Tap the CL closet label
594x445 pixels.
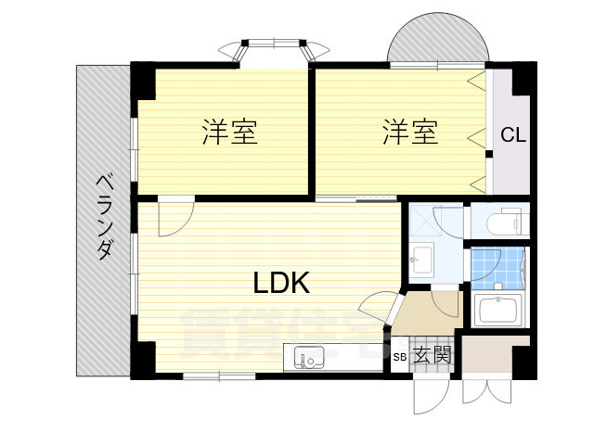(513, 135)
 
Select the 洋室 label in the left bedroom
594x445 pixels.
(229, 133)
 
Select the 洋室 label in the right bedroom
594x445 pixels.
(409, 133)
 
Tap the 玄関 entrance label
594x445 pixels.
(433, 355)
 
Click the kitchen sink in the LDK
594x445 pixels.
(309, 356)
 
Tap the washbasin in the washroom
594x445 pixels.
(423, 259)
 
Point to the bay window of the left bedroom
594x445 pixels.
(274, 49)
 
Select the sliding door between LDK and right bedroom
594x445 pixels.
(356, 198)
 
